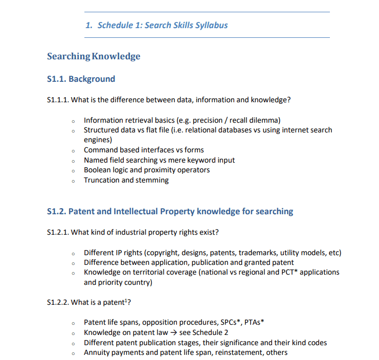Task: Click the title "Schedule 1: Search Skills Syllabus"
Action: (x=162, y=25)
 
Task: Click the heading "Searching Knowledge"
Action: (x=94, y=56)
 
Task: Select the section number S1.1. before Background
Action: (x=56, y=79)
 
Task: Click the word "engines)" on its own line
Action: (x=98, y=140)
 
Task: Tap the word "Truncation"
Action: (x=102, y=180)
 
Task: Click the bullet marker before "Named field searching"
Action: (x=74, y=161)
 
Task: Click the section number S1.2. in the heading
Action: (x=56, y=211)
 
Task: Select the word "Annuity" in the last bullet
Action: (x=97, y=352)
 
